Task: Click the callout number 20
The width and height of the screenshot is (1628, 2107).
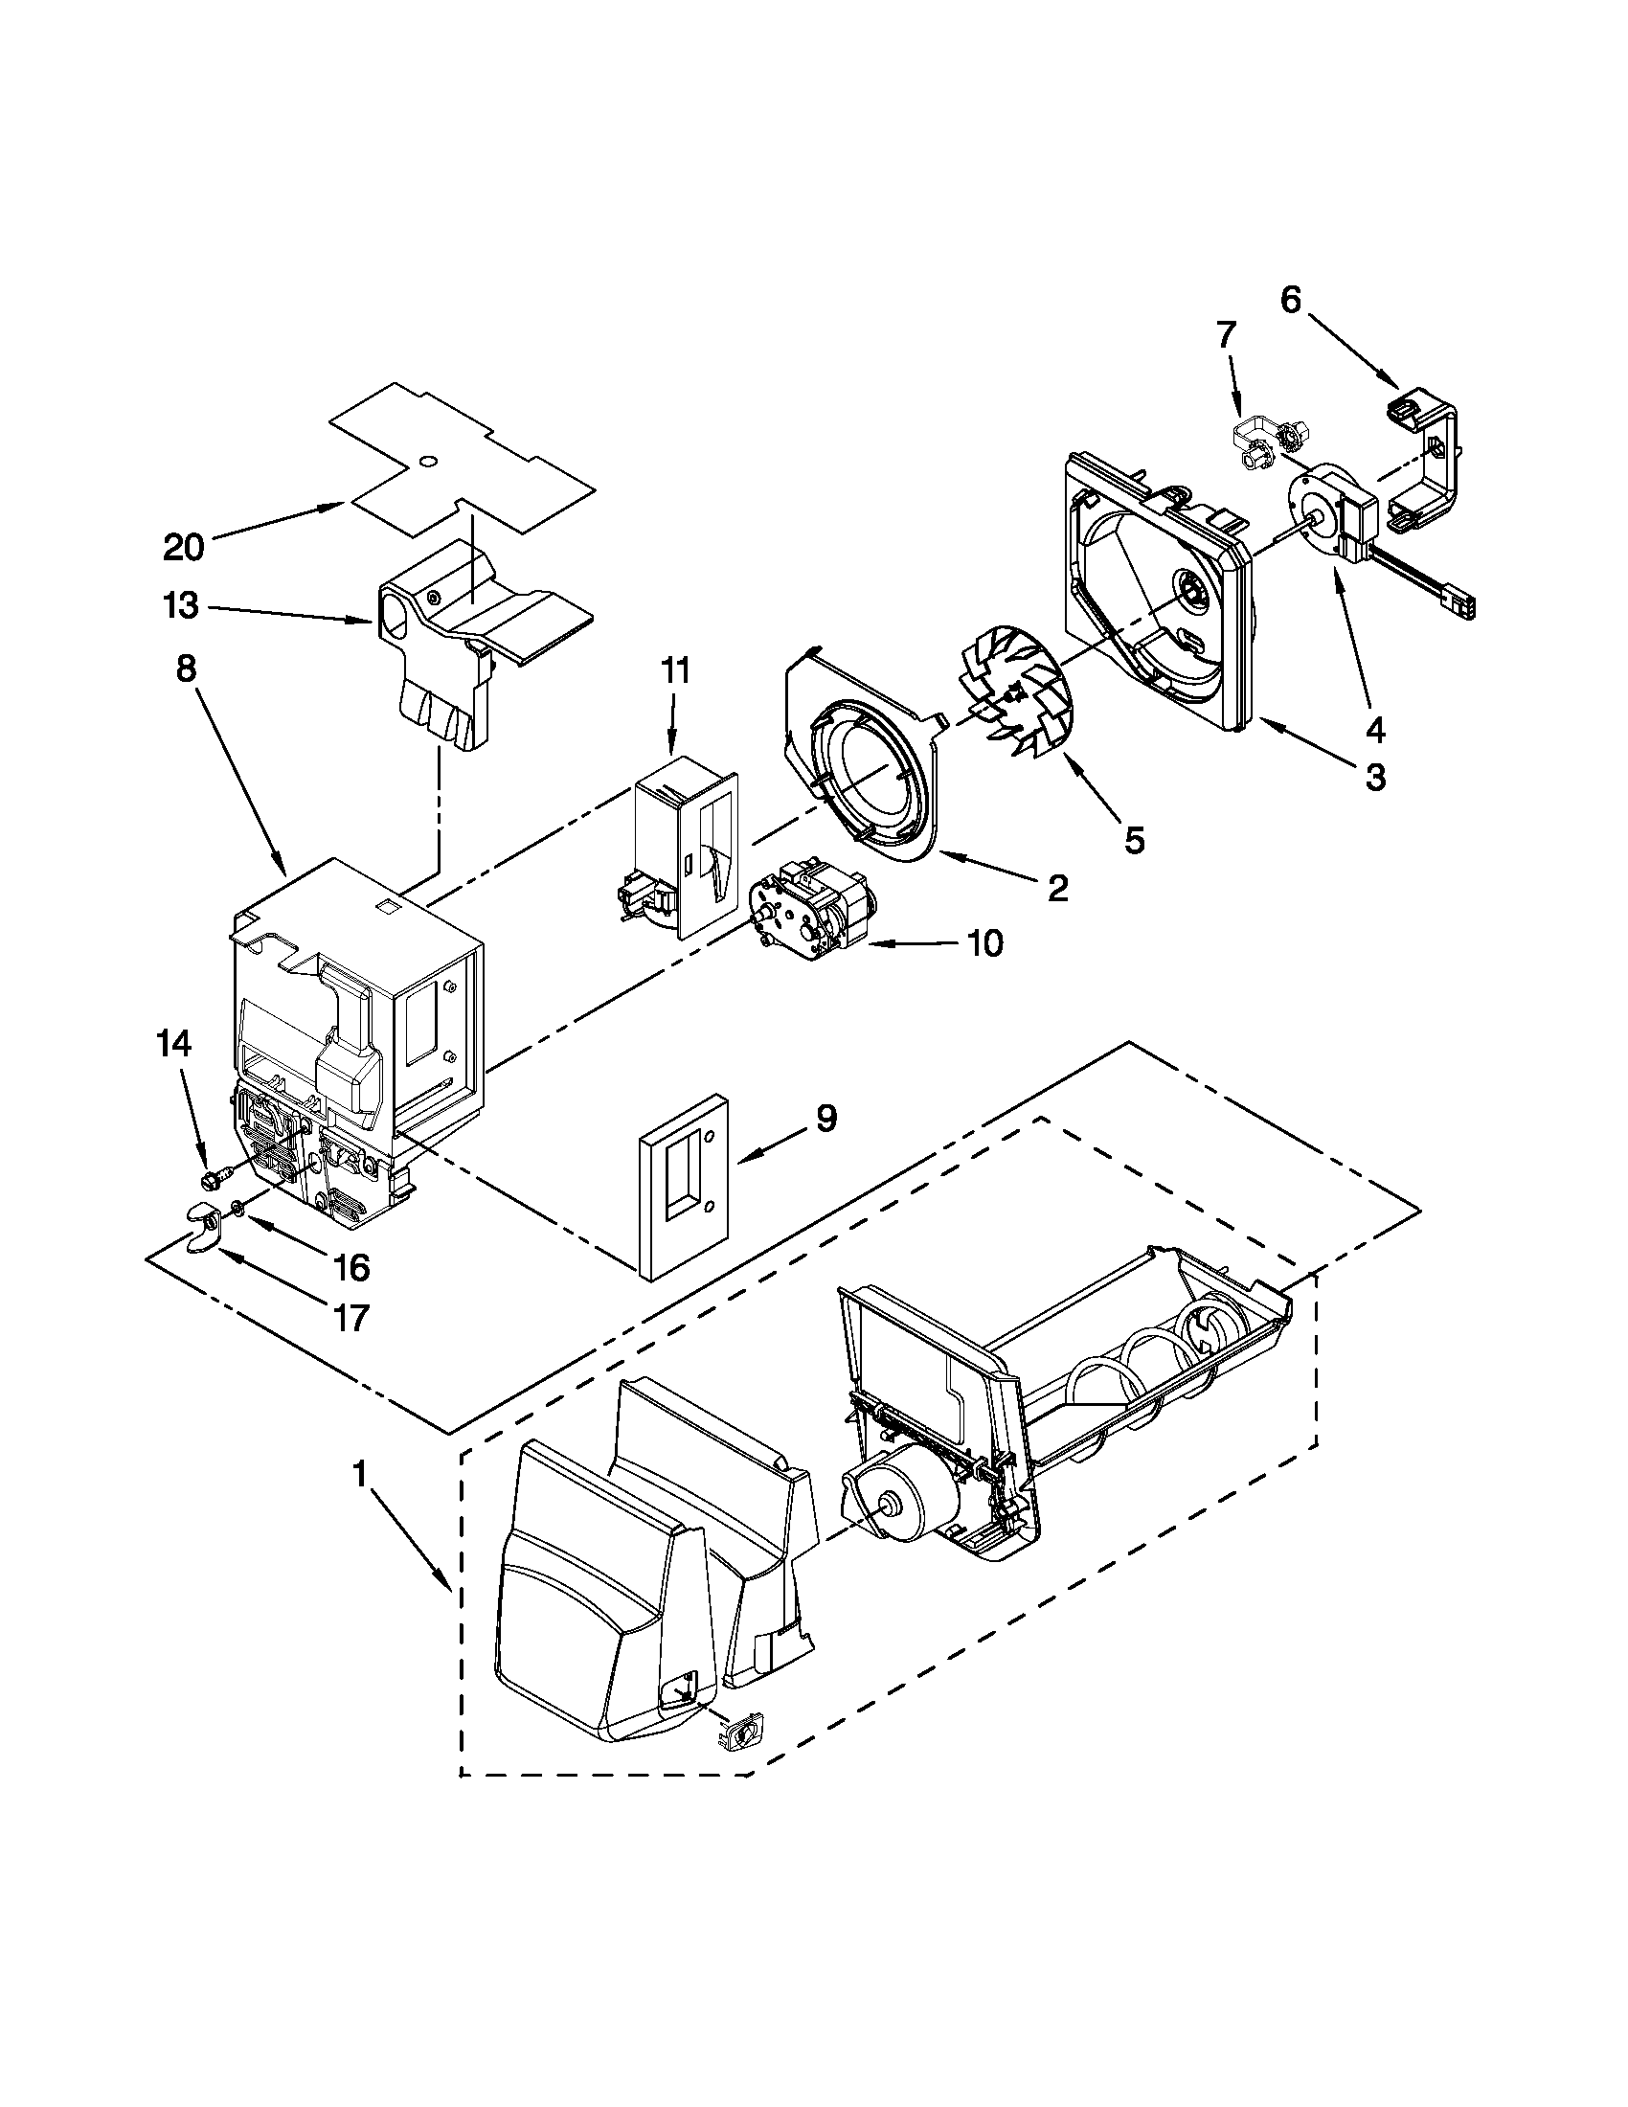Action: pos(183,548)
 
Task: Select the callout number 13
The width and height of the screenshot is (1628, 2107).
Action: pos(180,606)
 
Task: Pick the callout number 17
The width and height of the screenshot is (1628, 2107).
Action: pos(351,1318)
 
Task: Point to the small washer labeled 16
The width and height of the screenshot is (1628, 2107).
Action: pos(238,1207)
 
